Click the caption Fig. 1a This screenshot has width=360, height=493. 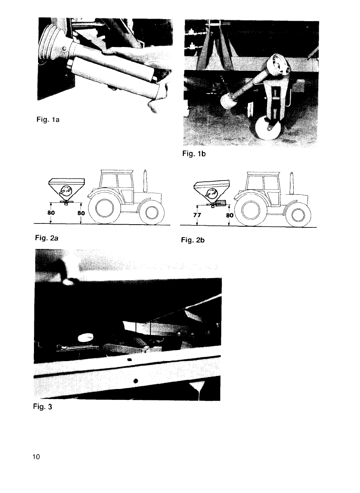[x=48, y=119]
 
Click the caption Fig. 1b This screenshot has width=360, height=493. [x=194, y=153]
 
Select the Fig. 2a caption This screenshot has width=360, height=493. [x=47, y=238]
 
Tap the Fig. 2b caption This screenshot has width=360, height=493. [x=193, y=240]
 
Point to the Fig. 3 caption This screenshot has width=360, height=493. [x=42, y=406]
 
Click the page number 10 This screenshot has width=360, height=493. [x=36, y=457]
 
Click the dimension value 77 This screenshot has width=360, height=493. [x=197, y=215]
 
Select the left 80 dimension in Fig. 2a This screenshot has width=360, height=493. [x=51, y=213]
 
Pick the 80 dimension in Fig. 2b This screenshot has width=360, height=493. [x=230, y=215]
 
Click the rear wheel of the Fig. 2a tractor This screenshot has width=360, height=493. [x=105, y=208]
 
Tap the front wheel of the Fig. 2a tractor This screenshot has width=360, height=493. [x=152, y=212]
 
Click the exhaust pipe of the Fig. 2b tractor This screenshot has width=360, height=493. [x=292, y=183]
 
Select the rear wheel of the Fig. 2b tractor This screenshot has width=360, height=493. [x=251, y=210]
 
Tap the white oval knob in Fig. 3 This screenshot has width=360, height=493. [x=85, y=337]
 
